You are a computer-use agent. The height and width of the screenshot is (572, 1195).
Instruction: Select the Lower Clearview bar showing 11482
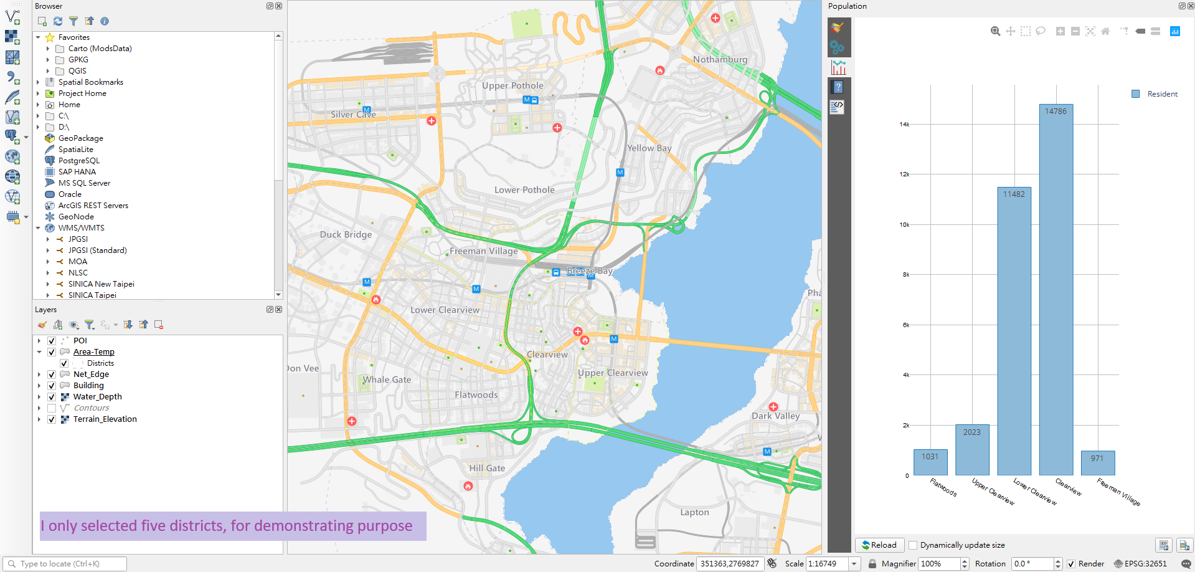(1014, 331)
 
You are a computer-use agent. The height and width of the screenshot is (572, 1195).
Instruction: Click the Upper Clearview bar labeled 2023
(972, 450)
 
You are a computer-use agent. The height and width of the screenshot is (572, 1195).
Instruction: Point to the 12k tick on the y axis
(904, 174)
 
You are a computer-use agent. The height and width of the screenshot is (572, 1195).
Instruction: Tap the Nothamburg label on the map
(720, 60)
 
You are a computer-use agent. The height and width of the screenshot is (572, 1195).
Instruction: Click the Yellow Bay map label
(649, 148)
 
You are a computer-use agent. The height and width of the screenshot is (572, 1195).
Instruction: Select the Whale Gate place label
(387, 379)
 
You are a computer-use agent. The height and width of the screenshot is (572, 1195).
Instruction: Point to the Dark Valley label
(775, 416)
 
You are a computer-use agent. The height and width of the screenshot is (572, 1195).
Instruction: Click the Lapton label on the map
(694, 512)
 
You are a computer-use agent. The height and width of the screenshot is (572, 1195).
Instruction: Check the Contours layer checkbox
(52, 408)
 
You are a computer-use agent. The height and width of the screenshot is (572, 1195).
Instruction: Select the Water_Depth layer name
(97, 397)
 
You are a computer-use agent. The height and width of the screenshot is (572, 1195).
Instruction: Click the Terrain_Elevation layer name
(105, 419)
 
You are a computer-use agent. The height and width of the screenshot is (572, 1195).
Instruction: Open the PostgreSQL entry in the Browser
(78, 161)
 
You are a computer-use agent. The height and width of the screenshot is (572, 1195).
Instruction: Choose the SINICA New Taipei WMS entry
(101, 284)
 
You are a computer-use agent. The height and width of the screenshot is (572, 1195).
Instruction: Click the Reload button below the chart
(879, 545)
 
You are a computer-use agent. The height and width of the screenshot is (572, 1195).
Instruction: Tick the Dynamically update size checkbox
(913, 545)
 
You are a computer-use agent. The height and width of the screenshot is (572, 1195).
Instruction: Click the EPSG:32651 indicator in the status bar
(1145, 564)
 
